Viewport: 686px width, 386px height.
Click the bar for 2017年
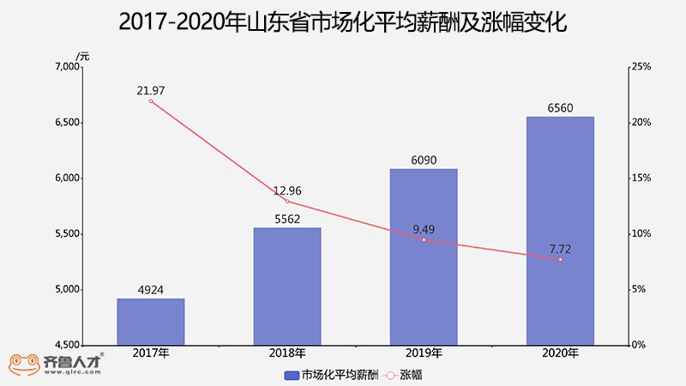[x=151, y=322]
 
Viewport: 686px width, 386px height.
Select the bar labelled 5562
[x=287, y=286]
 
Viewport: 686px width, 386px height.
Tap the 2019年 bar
[x=424, y=257]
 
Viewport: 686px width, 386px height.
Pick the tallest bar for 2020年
[x=560, y=231]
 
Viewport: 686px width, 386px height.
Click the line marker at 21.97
[x=151, y=101]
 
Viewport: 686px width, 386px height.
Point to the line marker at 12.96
[x=287, y=202]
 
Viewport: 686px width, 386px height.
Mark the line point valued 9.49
[x=424, y=240]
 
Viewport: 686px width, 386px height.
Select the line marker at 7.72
[x=560, y=259]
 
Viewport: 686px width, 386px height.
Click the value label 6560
[x=560, y=108]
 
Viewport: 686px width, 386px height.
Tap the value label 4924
[x=151, y=290]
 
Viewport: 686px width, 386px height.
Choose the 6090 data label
[x=424, y=160]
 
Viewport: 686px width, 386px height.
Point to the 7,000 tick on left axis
[x=66, y=67]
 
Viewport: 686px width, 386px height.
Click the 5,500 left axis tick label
[x=66, y=234]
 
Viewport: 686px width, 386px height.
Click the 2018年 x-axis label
[x=287, y=353]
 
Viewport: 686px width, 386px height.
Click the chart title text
[x=343, y=22]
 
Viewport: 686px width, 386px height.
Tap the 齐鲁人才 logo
[x=57, y=365]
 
